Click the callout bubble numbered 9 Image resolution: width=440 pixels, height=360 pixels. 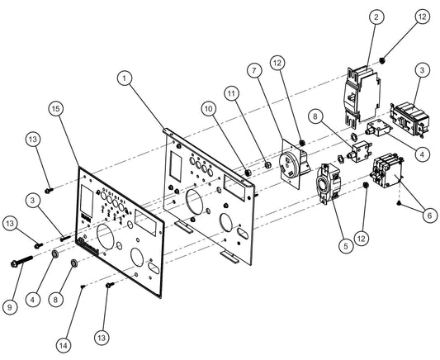[x=10, y=307]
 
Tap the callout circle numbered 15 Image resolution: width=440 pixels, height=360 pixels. [x=56, y=108]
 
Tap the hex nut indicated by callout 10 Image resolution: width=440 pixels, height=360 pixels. [x=246, y=173]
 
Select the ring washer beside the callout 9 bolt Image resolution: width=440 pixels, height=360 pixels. [x=55, y=254]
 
